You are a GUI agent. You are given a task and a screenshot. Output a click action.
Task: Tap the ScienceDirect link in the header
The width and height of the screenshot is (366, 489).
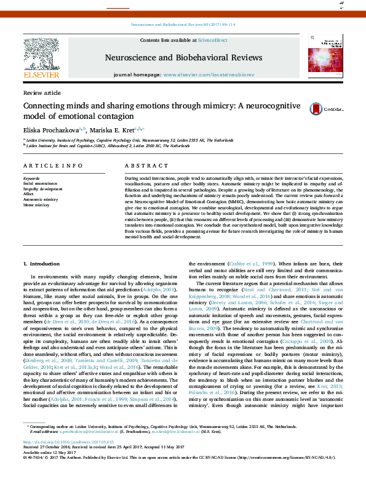click(x=212, y=40)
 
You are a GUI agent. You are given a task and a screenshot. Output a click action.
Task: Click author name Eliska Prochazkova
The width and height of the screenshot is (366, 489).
click(x=50, y=130)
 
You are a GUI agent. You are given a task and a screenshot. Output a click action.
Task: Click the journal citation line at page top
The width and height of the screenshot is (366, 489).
click(x=183, y=25)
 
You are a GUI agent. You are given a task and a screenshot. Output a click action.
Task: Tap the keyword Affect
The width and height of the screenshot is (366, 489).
click(x=28, y=194)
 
